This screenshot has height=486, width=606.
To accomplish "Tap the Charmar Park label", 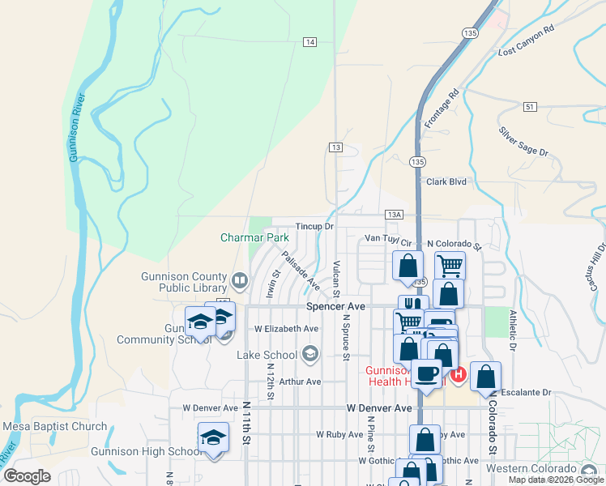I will coord(254,238).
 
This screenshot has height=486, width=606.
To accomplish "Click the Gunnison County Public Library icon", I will coord(239,281).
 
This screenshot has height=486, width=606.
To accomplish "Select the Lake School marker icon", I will coord(308,353).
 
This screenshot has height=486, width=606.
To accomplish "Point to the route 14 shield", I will coord(310,41).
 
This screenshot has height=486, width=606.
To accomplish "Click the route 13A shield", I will coord(394,215).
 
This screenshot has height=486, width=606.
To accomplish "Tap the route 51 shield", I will coord(530,106).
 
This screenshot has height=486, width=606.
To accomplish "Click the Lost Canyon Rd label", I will coord(527,40).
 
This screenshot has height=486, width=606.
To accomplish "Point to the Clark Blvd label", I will coord(446,182).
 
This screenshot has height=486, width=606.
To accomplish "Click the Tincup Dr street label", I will coord(314,227).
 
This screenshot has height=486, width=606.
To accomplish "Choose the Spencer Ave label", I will coord(336,307).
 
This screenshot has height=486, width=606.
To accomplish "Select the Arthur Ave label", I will coord(300,382).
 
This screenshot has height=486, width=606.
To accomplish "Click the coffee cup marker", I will coord(426,374).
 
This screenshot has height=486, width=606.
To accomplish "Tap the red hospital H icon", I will coord(458,374).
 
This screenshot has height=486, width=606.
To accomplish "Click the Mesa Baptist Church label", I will coord(55,426).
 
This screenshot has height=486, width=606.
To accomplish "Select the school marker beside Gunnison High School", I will coord(214,437).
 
